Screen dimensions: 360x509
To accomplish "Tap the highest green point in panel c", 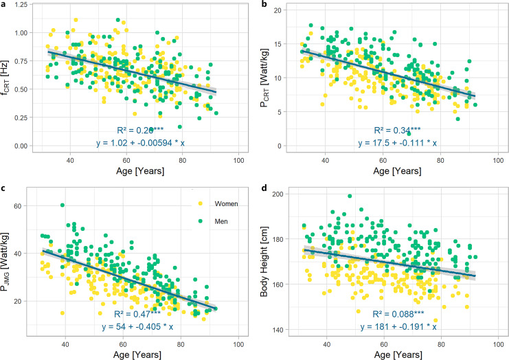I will (x=63, y=205).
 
